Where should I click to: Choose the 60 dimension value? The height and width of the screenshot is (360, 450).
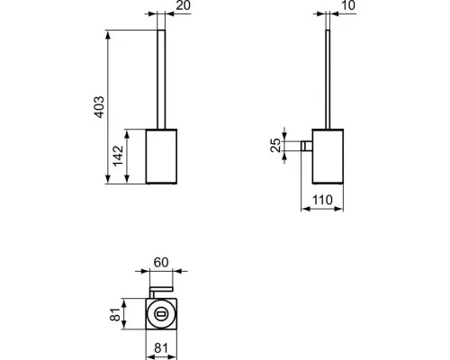click(162, 262)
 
